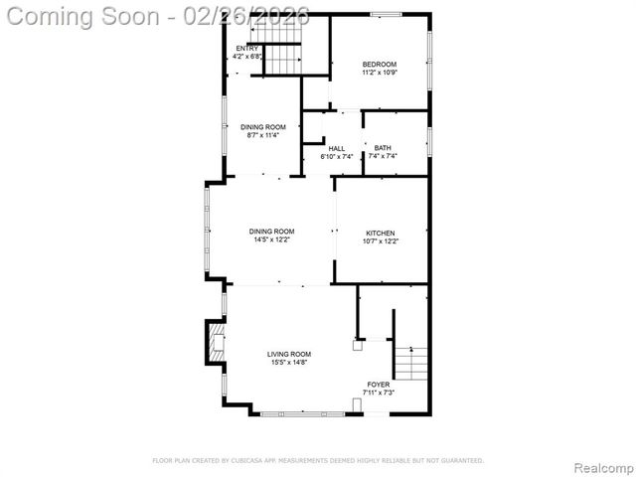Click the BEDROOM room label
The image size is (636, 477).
click(x=379, y=65)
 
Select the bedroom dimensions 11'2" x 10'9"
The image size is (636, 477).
click(x=379, y=73)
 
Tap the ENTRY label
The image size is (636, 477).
click(x=246, y=48)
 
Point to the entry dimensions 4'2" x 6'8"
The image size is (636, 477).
click(x=246, y=57)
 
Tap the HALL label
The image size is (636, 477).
click(x=337, y=148)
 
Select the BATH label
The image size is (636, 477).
click(x=383, y=148)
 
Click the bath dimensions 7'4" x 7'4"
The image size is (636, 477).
click(x=383, y=156)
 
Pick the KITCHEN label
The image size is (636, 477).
click(x=380, y=232)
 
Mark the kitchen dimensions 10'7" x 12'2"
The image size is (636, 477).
click(x=380, y=239)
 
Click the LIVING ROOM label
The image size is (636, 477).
click(x=289, y=354)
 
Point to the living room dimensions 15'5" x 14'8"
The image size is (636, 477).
click(x=289, y=362)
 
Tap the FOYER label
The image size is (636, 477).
click(x=379, y=384)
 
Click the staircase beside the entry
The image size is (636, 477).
click(x=281, y=60)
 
